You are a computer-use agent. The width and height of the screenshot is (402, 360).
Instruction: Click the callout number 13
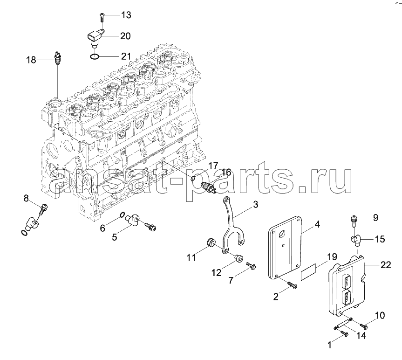[x=126, y=15]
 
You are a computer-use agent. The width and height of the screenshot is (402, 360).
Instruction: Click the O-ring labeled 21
[x=94, y=56]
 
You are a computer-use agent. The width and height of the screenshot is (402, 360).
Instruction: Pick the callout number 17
[x=213, y=166]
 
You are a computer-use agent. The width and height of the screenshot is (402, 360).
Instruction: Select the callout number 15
[x=380, y=239]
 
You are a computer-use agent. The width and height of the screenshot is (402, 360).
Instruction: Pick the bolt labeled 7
[x=251, y=266]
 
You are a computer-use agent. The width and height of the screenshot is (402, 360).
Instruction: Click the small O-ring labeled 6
[x=123, y=215]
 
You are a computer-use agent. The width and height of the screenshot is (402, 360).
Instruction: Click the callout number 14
[x=361, y=335]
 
